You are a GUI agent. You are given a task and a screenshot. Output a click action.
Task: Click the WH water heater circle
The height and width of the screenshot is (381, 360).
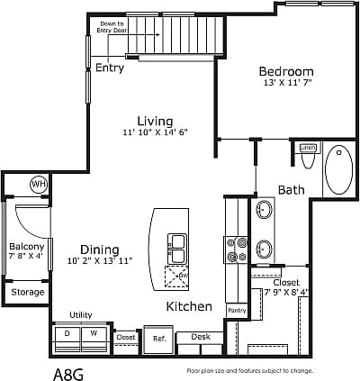coord(39,184)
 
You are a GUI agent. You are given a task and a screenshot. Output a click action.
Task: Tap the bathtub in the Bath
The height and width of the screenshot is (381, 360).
coord(341,169)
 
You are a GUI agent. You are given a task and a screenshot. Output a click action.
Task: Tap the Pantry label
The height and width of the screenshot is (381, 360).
coord(237,311)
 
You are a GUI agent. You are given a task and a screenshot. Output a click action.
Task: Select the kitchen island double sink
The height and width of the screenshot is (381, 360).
coord(176,248)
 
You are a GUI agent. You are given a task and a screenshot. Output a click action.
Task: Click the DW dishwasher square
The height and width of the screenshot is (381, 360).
coord(176,276)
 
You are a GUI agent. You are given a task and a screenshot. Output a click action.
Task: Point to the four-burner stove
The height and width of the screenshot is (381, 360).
coord(237,249)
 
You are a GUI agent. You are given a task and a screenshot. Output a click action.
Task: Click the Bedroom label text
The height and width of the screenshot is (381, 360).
coord(286,72)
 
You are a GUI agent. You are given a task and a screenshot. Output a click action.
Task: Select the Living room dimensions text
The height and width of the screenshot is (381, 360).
coord(155,133)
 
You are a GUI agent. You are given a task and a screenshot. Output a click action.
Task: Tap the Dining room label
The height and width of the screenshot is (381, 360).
coord(100,249)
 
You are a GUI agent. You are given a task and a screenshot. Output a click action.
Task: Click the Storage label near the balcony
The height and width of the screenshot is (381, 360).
coord(28,292)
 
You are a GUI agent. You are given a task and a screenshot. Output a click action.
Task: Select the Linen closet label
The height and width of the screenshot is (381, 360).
coord(308,147)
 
